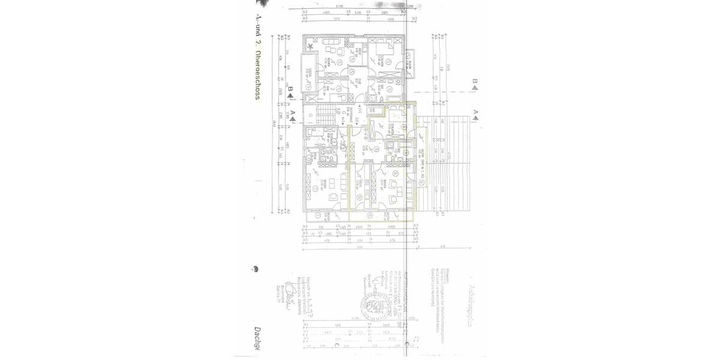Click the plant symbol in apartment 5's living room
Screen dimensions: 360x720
(310, 47)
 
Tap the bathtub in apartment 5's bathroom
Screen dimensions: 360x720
(395, 96)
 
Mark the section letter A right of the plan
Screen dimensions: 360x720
(475, 112)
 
